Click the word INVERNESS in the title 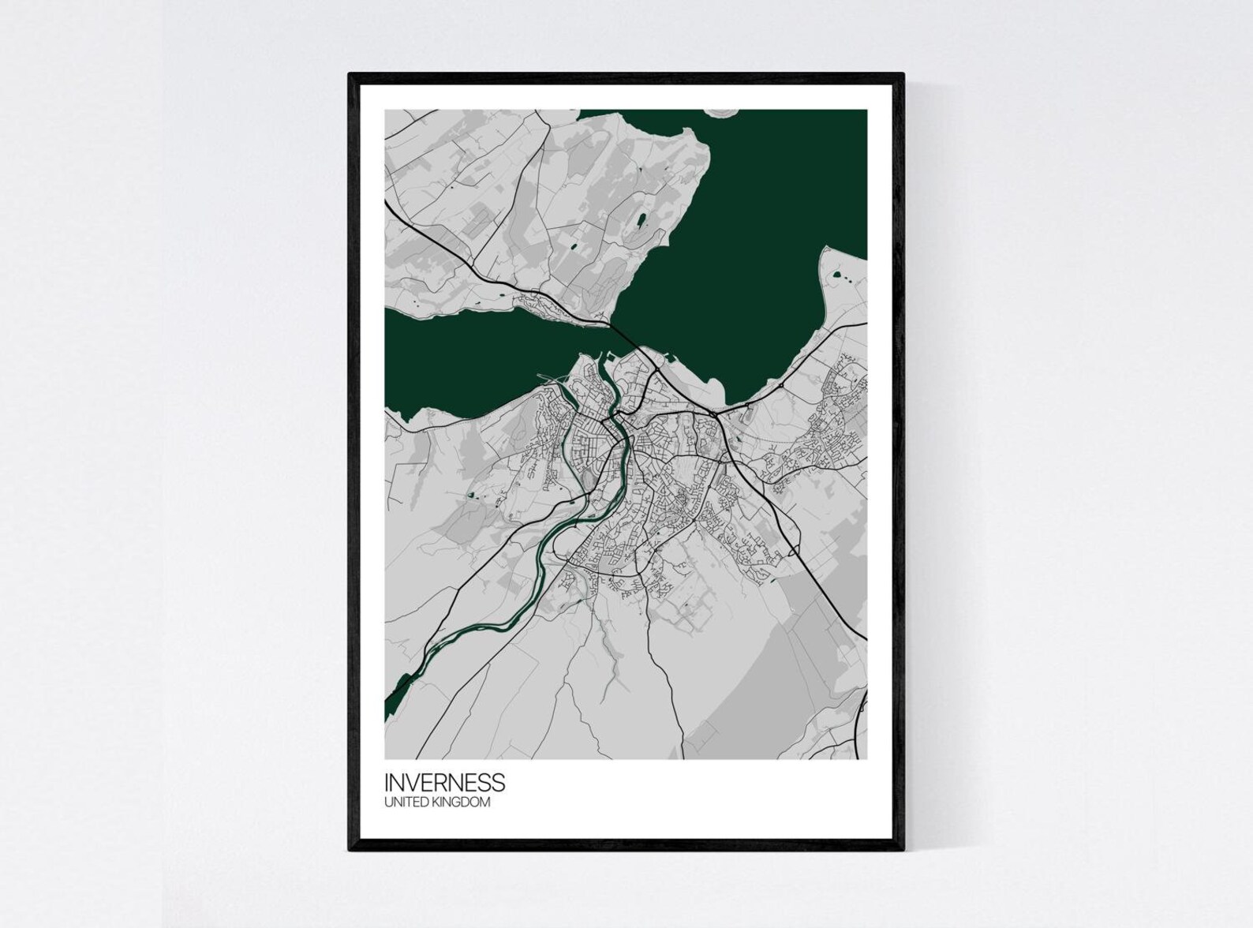tap(444, 782)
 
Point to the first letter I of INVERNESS tap(387, 782)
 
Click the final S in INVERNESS tap(499, 782)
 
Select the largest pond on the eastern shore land tap(835, 275)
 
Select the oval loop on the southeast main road tap(791, 545)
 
